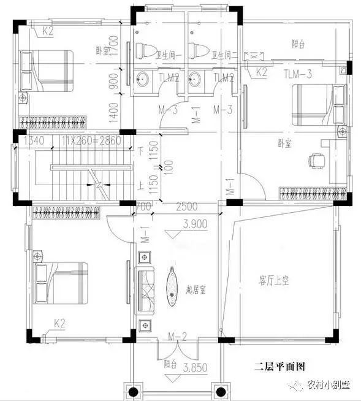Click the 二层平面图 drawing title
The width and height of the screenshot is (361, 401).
click(x=279, y=368)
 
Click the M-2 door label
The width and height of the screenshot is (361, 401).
click(x=177, y=335)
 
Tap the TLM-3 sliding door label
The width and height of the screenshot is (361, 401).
click(x=298, y=75)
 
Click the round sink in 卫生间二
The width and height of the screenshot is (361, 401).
click(x=196, y=78)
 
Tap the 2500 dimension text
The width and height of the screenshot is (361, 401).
click(x=186, y=206)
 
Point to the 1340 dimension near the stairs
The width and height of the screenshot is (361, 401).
click(x=35, y=140)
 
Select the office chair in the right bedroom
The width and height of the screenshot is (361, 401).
click(x=316, y=160)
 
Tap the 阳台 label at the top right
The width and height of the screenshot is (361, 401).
click(x=299, y=44)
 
